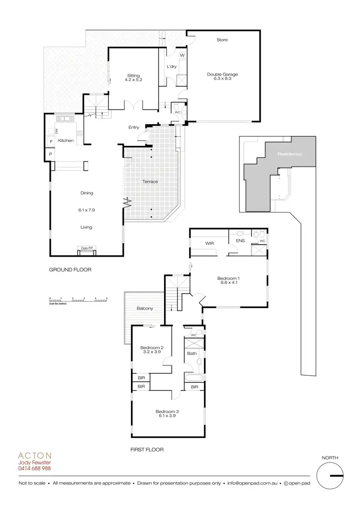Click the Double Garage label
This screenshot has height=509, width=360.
click(222, 74)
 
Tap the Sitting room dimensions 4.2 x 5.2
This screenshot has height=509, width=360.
click(133, 81)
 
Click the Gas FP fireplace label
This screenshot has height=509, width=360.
click(87, 248)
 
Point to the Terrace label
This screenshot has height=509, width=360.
click(150, 182)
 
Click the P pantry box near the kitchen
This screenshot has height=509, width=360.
click(50, 154)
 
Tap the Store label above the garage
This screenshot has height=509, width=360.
click(222, 40)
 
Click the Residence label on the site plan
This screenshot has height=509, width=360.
click(289, 154)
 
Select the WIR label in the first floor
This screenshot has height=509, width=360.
click(209, 244)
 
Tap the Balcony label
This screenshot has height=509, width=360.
click(144, 308)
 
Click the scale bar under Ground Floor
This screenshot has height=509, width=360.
click(78, 299)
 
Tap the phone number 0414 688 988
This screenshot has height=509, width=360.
click(34, 468)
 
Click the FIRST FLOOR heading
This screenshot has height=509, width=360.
click(147, 450)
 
